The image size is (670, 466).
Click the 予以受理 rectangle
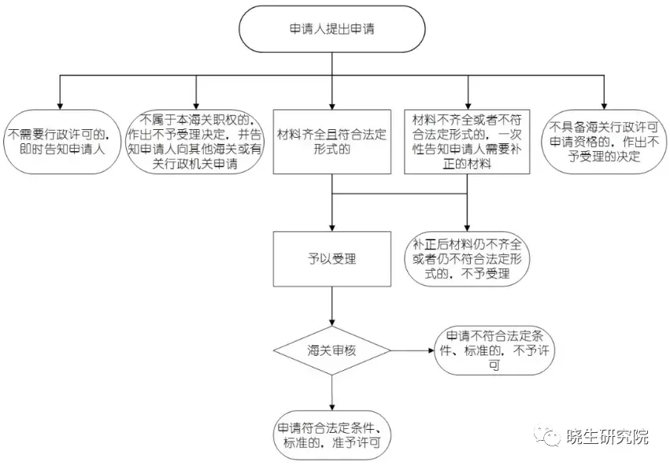(331, 258)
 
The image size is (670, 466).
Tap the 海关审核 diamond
(331, 350)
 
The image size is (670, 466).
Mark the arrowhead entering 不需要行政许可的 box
(60, 104)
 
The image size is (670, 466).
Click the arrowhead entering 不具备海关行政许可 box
(604, 104)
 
